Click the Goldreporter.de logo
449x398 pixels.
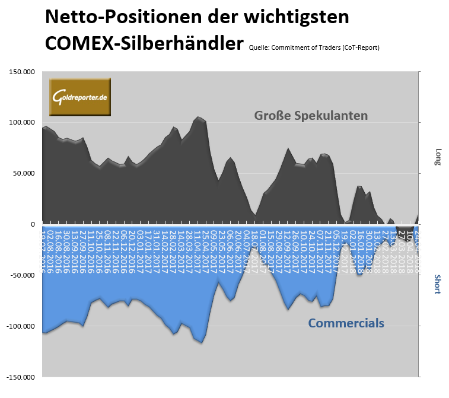point(79,97)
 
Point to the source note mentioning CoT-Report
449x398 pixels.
point(314,47)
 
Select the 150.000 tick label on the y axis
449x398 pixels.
point(21,72)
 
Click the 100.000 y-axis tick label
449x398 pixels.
point(21,123)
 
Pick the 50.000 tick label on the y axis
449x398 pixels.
point(24,174)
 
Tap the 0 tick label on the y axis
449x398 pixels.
point(33,224)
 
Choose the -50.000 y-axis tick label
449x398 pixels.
point(23,275)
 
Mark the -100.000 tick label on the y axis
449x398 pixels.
point(21,326)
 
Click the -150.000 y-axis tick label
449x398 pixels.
point(21,377)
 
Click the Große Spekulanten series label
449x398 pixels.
point(311,115)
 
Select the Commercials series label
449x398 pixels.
point(346,323)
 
